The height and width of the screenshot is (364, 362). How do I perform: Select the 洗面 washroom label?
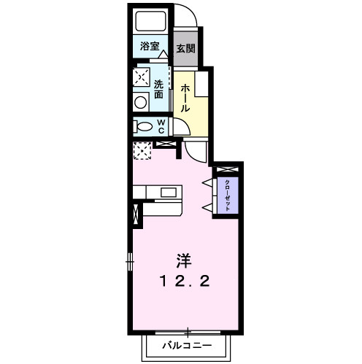pyautogui.click(x=158, y=88)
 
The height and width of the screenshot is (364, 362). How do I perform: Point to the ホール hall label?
pyautogui.click(x=185, y=97)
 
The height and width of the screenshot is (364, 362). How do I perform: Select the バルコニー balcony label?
pyautogui.click(x=187, y=345)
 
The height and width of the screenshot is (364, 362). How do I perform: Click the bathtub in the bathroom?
pyautogui.click(x=150, y=21)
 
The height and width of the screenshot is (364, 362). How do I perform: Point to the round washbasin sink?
pyautogui.click(x=141, y=101)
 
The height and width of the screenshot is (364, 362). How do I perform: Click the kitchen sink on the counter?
pyautogui.click(x=169, y=193)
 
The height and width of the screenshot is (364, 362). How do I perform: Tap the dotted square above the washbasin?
pyautogui.click(x=142, y=76)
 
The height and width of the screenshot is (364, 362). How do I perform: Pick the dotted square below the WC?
pyautogui.click(x=142, y=151)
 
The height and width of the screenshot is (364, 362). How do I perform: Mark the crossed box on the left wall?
pyautogui.click(x=134, y=217)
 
